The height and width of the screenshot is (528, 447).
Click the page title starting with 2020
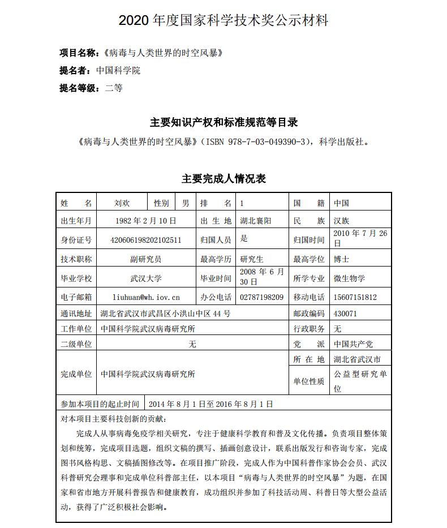tap(223, 21)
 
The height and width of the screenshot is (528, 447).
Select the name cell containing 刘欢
tap(122, 203)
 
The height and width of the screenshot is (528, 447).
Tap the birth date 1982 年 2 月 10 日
tap(145, 221)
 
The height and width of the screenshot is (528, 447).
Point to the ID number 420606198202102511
tap(146, 240)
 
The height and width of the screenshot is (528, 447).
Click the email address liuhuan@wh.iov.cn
tap(146, 297)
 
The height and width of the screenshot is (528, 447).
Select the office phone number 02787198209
tap(262, 297)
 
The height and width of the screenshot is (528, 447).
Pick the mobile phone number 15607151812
tap(355, 297)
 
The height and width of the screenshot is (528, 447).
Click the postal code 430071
tap(345, 313)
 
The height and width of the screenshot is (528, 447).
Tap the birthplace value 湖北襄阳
tap(256, 221)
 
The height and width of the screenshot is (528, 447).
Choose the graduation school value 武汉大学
tap(146, 278)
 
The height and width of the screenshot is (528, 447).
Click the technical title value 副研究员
tap(146, 259)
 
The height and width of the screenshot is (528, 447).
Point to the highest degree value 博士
tap(341, 259)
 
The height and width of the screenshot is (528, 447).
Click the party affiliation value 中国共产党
tap(353, 344)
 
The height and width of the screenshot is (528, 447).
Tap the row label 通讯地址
tap(76, 313)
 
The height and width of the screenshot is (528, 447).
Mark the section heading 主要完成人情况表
tap(223, 179)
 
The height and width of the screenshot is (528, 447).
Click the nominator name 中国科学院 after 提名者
tap(118, 71)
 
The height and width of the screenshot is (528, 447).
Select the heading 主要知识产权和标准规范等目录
tap(223, 122)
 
